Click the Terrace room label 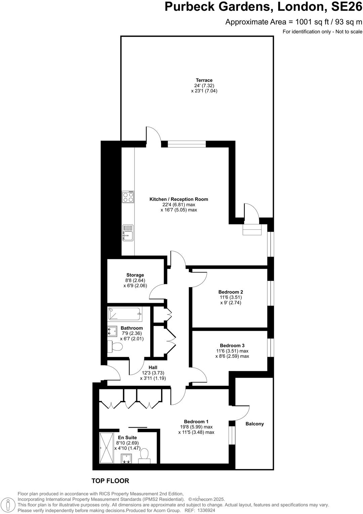coord(204,80)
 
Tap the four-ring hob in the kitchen coord(128,197)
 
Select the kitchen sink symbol coord(128,233)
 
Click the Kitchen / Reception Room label coord(178,199)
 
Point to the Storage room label coord(135,275)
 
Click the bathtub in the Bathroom coord(124,315)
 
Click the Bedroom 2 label coord(231,292)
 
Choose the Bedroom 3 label coord(232,345)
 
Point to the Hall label coord(153,367)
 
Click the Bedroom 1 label coord(196,421)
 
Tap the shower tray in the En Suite coord(107,448)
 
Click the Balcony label coord(254,424)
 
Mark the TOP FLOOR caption coord(110,481)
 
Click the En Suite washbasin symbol coord(126,458)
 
